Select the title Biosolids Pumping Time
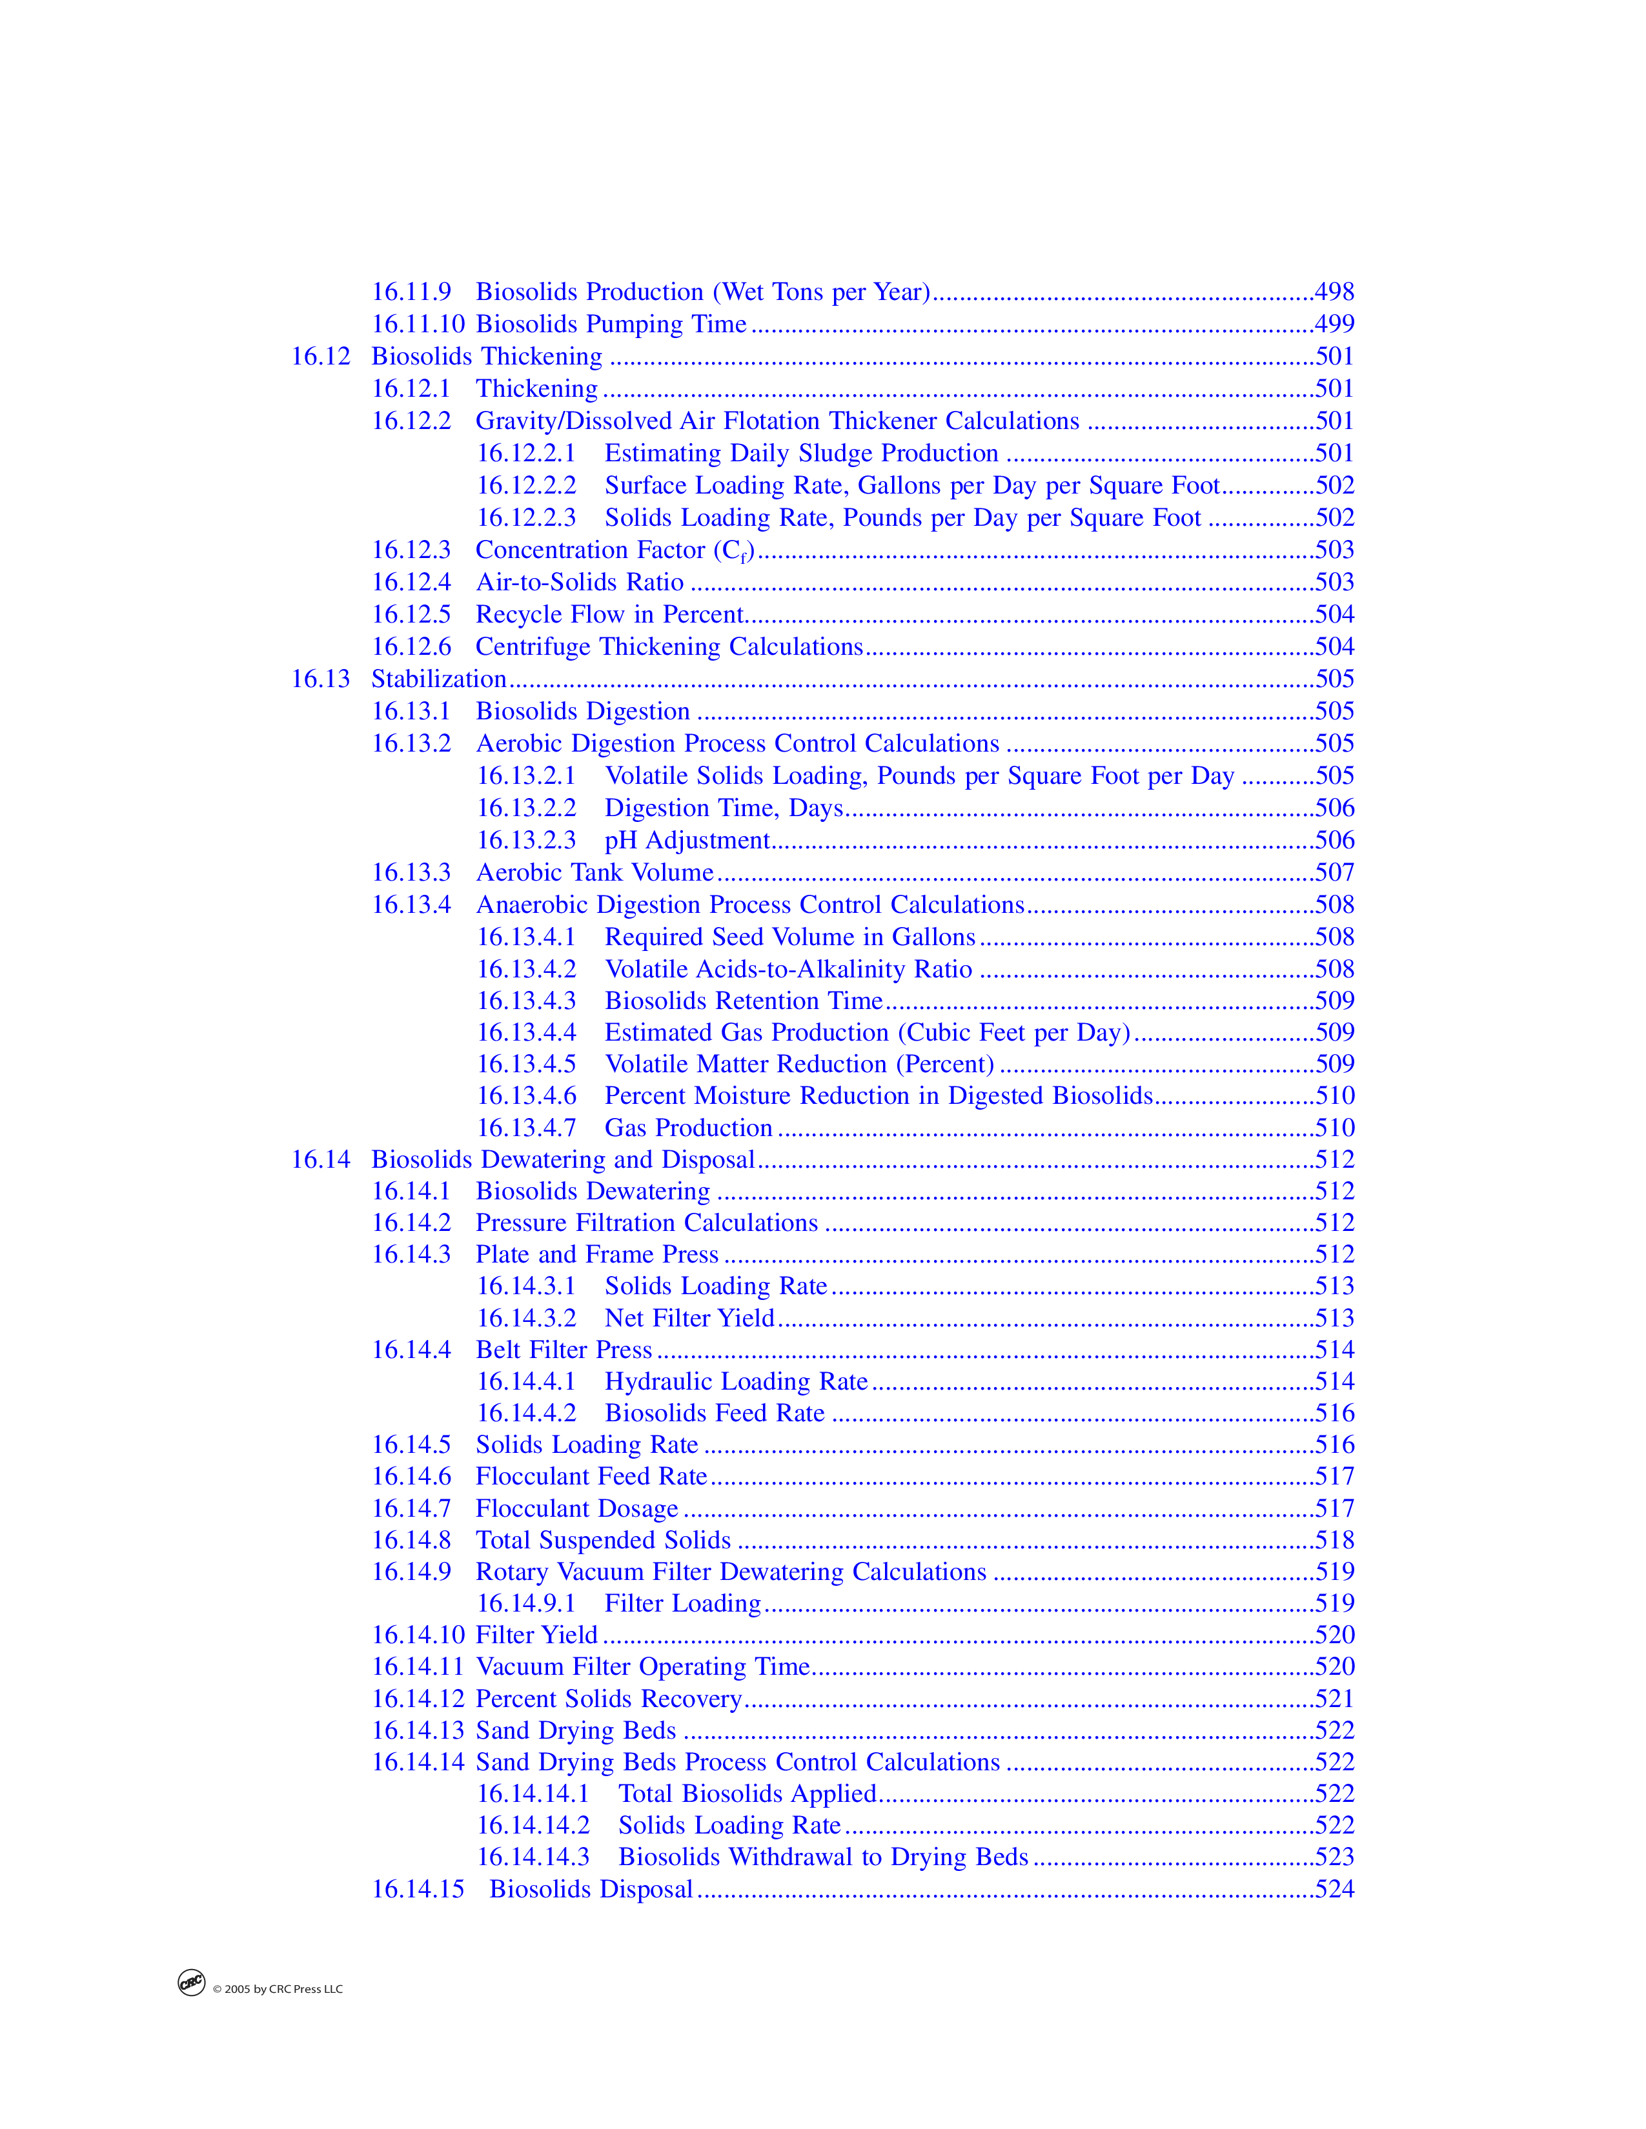[611, 325]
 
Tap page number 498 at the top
[1334, 292]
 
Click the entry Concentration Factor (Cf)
[615, 551]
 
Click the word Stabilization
[439, 679]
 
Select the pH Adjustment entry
[687, 840]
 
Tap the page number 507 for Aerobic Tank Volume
[1334, 872]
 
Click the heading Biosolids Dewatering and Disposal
[563, 1160]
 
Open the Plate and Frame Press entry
[597, 1255]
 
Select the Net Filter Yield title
[689, 1318]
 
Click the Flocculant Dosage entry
[576, 1509]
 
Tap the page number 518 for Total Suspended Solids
[1334, 1540]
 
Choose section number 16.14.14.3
[533, 1857]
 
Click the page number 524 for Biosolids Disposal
[1334, 1889]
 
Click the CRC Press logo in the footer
[191, 1983]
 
